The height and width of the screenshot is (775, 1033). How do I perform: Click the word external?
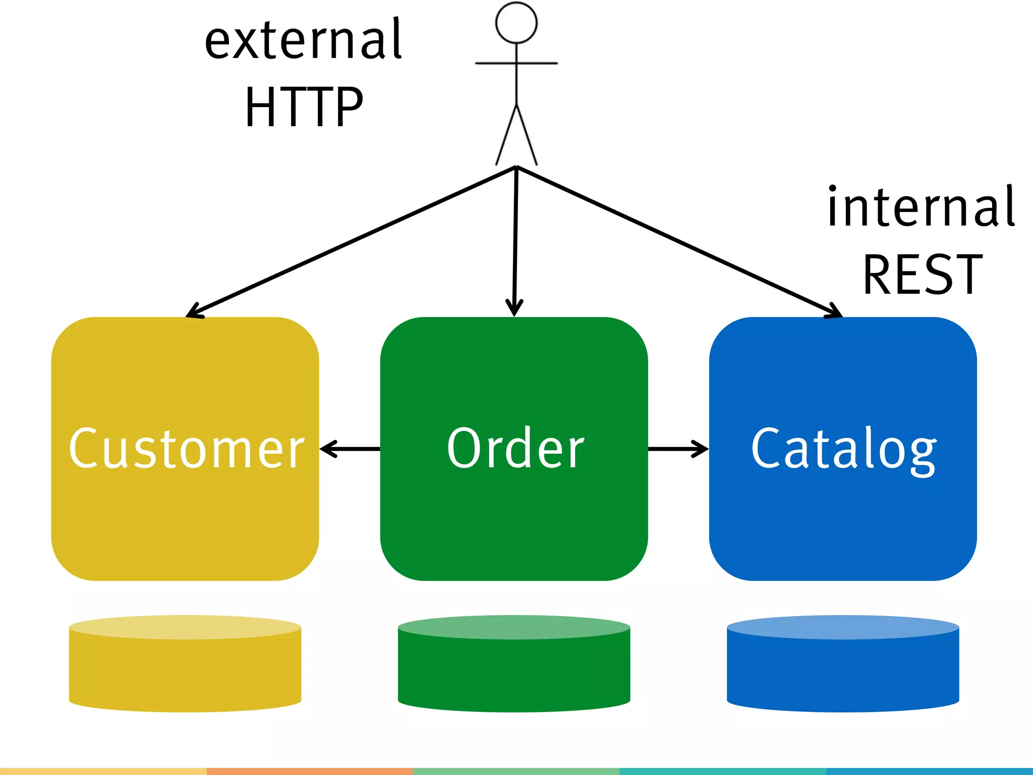(x=303, y=40)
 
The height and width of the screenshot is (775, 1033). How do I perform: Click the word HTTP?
(x=304, y=107)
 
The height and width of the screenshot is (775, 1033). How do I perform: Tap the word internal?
(x=921, y=207)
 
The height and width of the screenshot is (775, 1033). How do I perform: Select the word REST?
(x=923, y=275)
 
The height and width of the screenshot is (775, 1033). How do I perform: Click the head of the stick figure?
(x=516, y=23)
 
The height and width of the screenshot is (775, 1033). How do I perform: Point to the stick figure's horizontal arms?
(x=516, y=63)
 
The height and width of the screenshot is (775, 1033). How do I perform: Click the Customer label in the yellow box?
(x=186, y=449)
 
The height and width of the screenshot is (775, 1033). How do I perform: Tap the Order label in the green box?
(x=515, y=449)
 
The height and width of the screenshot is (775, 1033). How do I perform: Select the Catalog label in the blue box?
(x=844, y=449)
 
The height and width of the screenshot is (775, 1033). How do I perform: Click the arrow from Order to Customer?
(x=350, y=448)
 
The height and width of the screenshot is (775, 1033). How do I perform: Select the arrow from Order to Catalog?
(x=678, y=448)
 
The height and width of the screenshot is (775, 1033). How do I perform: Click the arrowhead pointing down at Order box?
(x=514, y=307)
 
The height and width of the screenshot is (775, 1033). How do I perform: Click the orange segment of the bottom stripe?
(x=310, y=771)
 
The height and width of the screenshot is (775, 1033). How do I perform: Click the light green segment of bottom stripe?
(x=516, y=771)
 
